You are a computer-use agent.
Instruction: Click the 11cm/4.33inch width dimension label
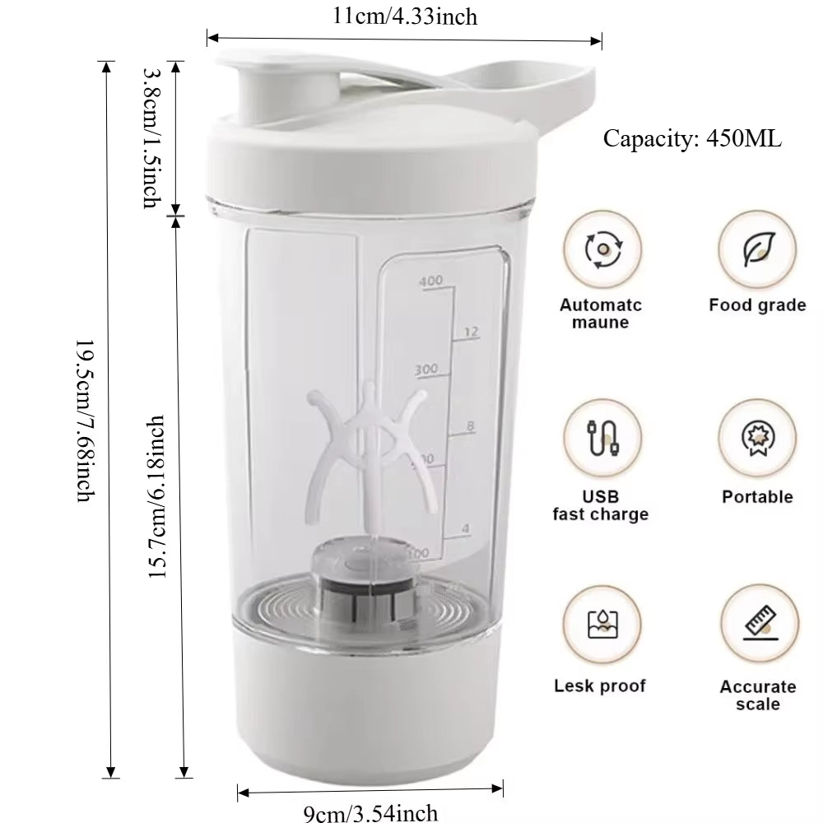click(404, 16)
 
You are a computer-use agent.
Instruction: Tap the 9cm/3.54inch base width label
click(370, 813)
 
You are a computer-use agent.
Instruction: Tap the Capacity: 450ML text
click(692, 137)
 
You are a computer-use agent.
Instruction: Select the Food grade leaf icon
click(756, 249)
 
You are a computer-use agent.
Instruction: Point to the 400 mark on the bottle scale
click(430, 281)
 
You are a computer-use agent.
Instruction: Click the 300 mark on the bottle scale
click(425, 369)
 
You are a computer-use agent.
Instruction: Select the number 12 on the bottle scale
click(471, 332)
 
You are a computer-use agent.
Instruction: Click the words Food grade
click(757, 305)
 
